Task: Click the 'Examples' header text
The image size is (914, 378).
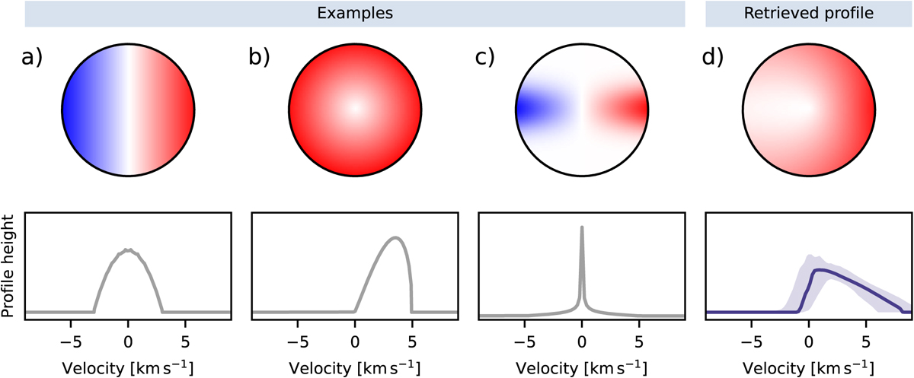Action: tap(355, 13)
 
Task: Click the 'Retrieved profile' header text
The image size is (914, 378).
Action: tap(809, 13)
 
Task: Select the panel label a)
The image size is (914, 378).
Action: tap(32, 57)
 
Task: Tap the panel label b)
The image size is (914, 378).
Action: tap(259, 57)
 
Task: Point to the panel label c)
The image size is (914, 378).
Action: tap(485, 57)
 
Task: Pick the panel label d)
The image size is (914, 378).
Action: tap(713, 57)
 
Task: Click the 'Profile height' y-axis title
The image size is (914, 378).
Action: tap(8, 266)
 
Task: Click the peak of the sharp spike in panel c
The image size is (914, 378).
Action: tap(582, 227)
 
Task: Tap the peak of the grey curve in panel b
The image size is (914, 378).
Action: tap(395, 237)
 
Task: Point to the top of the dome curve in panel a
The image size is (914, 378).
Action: tap(128, 249)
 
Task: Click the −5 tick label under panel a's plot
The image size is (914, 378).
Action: tap(71, 341)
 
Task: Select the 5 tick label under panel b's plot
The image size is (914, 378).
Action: tap(412, 341)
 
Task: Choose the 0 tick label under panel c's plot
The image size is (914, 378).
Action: tap(582, 341)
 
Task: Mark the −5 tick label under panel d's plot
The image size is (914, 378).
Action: tap(751, 341)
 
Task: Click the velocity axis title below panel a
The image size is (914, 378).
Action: tap(128, 368)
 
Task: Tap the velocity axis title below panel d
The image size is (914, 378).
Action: tap(808, 368)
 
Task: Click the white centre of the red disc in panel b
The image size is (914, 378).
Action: tap(355, 109)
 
